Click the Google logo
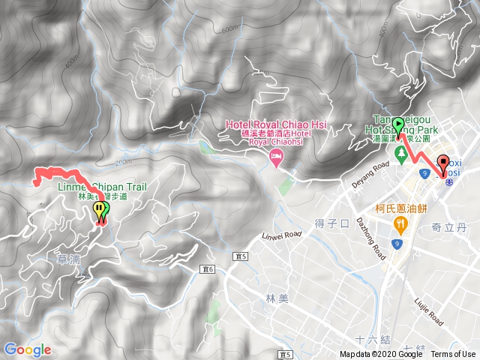tap(28, 349)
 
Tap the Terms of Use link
tap(453, 355)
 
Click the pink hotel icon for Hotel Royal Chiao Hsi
tap(275, 155)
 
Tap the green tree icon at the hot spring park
tap(401, 154)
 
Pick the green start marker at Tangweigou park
tap(397, 125)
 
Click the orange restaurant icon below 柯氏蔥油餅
tap(401, 223)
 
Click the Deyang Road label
tap(372, 174)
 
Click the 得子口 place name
tap(332, 223)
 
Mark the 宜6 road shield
tap(208, 268)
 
